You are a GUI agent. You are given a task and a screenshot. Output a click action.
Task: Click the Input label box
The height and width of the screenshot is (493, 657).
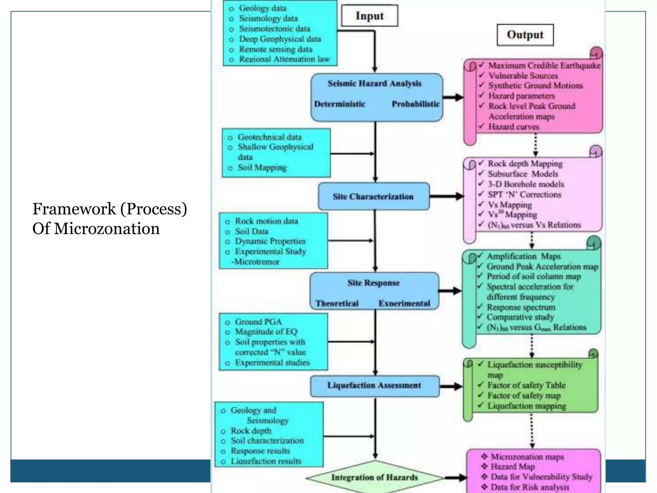370,16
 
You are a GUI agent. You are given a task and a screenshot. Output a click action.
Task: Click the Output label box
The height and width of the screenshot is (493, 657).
525,35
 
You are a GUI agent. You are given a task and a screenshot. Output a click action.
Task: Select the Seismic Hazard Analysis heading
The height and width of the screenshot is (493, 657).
374,83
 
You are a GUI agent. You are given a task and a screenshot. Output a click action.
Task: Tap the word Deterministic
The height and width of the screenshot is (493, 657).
339,104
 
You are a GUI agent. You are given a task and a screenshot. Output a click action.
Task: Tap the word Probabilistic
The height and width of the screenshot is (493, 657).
415,104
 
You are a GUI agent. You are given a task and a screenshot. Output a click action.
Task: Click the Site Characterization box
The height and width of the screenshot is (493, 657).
373,196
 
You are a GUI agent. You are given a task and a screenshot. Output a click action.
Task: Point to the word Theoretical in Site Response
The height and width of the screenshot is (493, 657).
337,303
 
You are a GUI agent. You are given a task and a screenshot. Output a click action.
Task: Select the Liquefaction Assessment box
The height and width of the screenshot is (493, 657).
374,385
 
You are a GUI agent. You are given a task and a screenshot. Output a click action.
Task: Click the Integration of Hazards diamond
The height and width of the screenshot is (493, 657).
374,478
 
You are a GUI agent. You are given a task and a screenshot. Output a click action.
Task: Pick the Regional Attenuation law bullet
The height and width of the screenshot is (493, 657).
284,59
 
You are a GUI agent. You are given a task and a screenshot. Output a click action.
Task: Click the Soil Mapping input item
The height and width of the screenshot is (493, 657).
262,168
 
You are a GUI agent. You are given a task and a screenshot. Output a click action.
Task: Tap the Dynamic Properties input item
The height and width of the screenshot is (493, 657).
270,241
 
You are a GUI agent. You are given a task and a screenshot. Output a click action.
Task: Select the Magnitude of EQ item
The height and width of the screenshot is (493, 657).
266,332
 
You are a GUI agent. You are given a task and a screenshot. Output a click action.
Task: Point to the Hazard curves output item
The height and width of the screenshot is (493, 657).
513,127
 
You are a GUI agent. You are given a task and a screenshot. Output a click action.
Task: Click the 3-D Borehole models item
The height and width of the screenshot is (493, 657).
526,184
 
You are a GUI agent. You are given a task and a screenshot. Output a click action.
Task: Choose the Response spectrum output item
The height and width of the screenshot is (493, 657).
521,307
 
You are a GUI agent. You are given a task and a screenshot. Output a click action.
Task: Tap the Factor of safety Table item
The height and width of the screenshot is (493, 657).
526,385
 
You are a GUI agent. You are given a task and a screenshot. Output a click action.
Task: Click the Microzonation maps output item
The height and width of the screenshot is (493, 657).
527,457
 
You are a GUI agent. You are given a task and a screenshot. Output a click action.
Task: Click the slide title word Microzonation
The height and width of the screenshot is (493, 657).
107,229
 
